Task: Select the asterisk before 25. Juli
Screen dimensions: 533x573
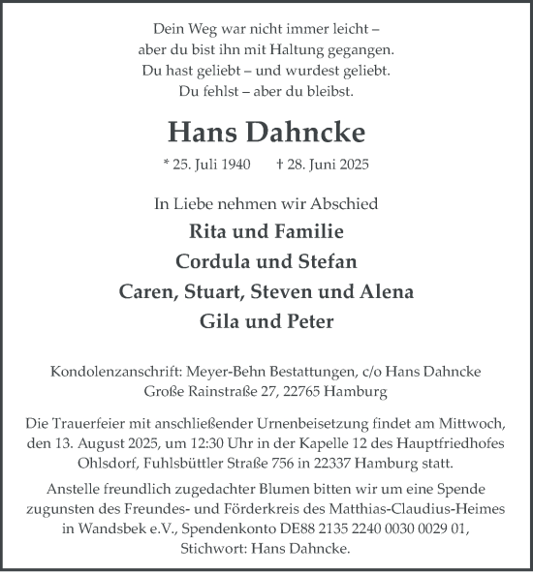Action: (167, 166)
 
